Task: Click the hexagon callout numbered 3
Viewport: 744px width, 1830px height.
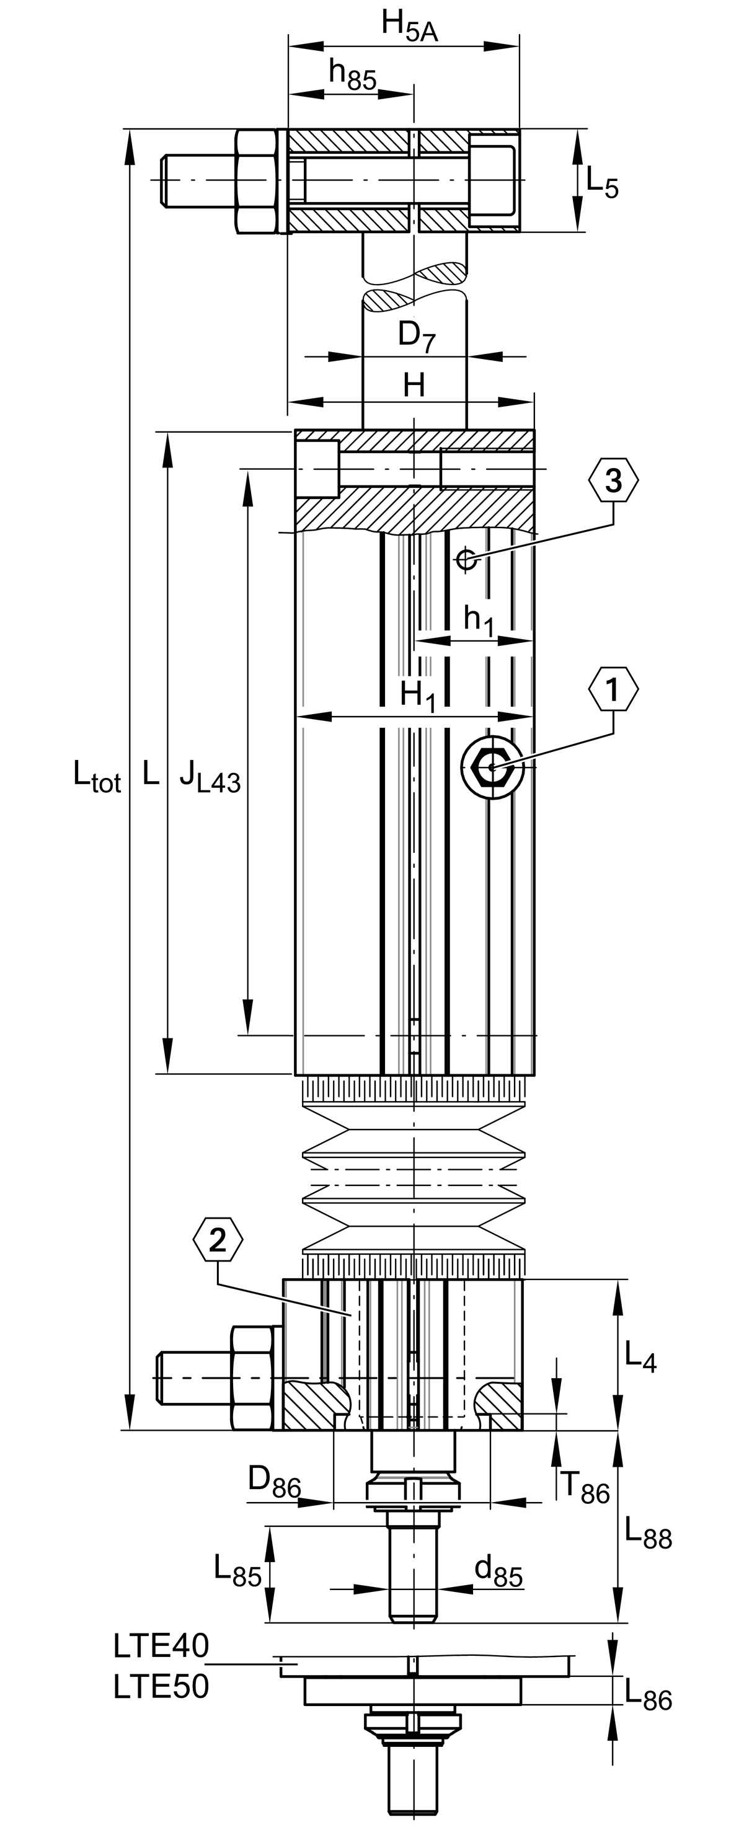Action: (613, 481)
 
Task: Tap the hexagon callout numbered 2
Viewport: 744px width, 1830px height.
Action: (218, 1240)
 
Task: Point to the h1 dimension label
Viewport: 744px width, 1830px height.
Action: (479, 620)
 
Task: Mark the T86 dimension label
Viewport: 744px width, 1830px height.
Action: (585, 1487)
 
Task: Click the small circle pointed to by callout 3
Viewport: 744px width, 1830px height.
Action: (467, 560)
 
